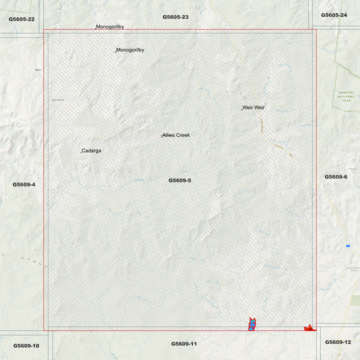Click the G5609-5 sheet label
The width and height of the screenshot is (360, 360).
click(x=180, y=180)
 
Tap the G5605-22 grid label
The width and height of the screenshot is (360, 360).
click(x=22, y=19)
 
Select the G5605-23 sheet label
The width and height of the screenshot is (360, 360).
click(x=176, y=16)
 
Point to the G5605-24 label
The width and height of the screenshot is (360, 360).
click(x=334, y=15)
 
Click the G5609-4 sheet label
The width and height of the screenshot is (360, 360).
click(x=24, y=184)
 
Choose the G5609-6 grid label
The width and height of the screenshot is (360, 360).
click(x=336, y=176)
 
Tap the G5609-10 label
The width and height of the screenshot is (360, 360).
click(x=26, y=346)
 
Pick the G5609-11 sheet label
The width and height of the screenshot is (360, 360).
click(x=184, y=344)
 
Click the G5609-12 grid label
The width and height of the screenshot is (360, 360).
click(x=338, y=342)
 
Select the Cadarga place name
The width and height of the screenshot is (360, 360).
click(x=92, y=151)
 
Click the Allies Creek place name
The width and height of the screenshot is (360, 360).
click(x=176, y=135)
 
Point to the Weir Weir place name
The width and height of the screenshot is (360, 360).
click(x=254, y=107)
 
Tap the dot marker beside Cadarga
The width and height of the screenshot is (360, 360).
click(x=81, y=151)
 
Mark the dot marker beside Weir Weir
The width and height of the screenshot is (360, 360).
click(x=242, y=108)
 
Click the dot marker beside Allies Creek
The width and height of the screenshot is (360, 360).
click(x=161, y=136)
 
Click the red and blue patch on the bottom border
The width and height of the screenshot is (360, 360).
click(x=251, y=324)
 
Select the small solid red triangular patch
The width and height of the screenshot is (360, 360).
click(x=309, y=328)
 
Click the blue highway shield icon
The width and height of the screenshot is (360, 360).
click(x=348, y=245)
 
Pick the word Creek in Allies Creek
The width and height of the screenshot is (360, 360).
click(x=183, y=135)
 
